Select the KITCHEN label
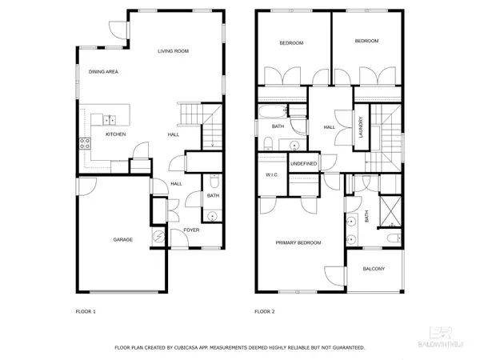click(117, 134)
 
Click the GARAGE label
click(122, 239)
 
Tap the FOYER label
click(192, 230)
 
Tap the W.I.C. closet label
click(270, 175)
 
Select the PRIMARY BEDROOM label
click(298, 242)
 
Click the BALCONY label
click(373, 269)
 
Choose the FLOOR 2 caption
click(264, 311)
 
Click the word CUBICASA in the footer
click(198, 348)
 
